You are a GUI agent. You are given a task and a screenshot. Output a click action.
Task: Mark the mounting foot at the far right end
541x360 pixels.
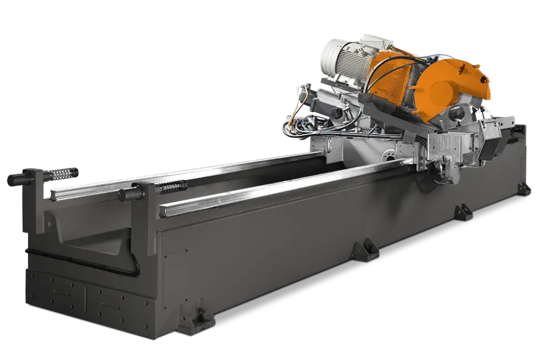[x=524, y=188]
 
